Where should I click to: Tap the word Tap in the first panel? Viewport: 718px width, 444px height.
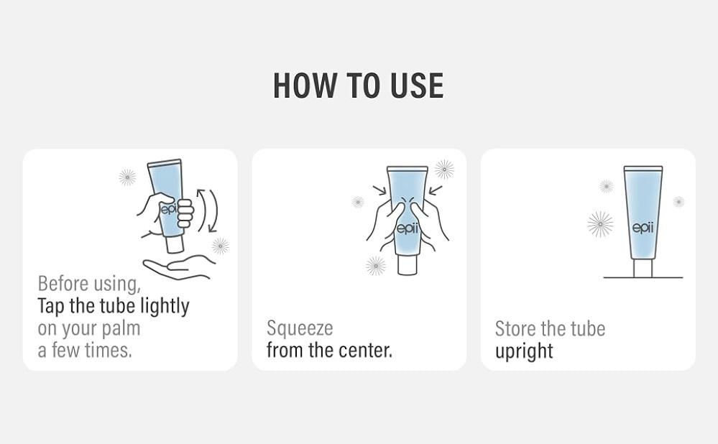pos(51,306)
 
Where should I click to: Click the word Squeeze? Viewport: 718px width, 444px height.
pos(300,328)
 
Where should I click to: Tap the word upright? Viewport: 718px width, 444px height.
pos(524,351)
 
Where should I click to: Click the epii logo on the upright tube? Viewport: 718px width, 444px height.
pos(643,228)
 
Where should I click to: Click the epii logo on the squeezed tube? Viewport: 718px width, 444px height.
pos(407,228)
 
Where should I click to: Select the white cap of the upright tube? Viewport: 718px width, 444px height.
pos(643,268)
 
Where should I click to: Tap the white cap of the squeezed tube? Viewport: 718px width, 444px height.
pos(407,264)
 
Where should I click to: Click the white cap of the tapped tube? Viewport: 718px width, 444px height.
pos(175,244)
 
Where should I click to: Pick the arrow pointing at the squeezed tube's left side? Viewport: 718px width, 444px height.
pos(380,190)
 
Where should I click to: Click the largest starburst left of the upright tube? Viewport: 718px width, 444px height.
pos(600,224)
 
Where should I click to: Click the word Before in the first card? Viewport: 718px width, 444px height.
pos(63,284)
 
